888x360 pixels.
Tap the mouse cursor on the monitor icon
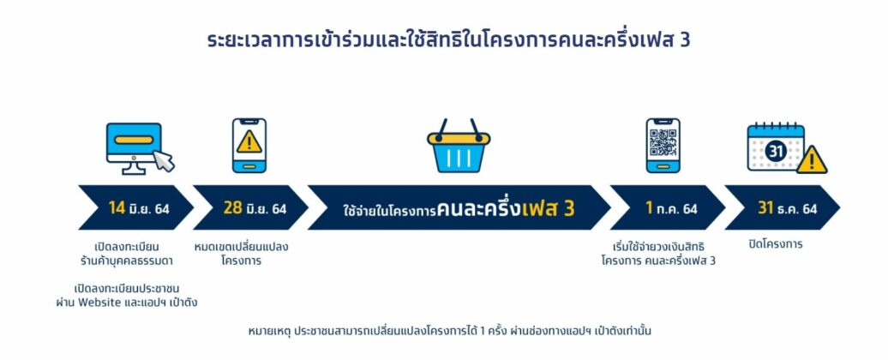point(165,161)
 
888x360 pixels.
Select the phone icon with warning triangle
point(249,146)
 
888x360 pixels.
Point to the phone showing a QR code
point(663,146)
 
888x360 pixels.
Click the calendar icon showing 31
point(776,147)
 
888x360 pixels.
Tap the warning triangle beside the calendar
point(812,160)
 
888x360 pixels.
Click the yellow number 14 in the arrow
point(117,207)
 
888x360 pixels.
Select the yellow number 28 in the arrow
point(233,207)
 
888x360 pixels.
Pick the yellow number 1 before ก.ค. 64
point(649,207)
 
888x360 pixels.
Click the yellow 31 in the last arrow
point(765,207)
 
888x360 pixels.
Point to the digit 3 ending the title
point(685,41)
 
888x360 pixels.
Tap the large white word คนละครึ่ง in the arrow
point(478,208)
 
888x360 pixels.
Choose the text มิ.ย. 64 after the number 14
point(149,208)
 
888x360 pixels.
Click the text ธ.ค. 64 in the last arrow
point(797,208)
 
